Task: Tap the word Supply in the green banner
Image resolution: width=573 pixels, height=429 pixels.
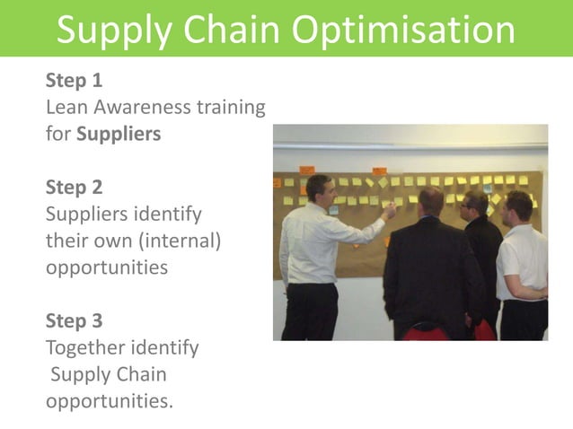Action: click(113, 31)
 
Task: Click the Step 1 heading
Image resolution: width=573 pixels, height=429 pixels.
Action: click(74, 82)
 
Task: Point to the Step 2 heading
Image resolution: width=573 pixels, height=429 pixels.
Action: click(74, 188)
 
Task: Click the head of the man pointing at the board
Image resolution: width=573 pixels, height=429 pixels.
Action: click(319, 189)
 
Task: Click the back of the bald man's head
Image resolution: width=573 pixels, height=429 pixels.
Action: click(431, 201)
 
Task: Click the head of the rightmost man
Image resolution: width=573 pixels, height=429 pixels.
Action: click(518, 207)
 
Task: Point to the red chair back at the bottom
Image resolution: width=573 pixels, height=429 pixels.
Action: click(426, 333)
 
